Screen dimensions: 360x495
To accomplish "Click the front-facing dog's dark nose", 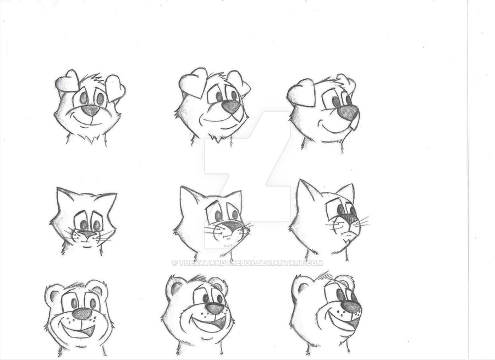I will pos(90,110).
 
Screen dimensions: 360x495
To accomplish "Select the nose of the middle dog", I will pos(232,107).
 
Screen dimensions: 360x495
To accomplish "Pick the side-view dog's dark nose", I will pos(348,113).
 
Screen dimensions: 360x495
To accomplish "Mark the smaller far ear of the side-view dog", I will pos(346,82).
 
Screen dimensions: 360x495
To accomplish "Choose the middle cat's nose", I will pos(231,225).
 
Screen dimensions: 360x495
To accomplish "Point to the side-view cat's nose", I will pos(350,220).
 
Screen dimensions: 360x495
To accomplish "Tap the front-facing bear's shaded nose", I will pos(82,314).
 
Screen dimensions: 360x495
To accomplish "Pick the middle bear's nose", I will pos(215,308).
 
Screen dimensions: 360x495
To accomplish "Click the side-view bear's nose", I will pos(351,307).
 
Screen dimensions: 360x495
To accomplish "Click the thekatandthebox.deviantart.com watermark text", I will pos(247,263).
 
